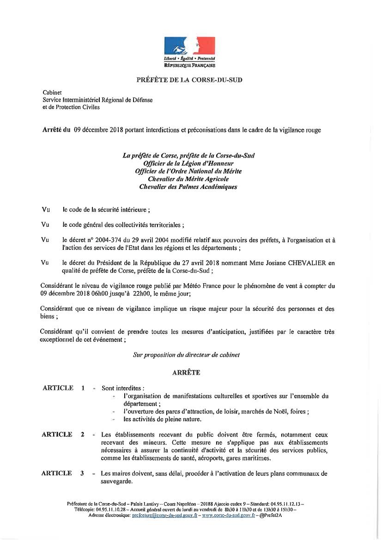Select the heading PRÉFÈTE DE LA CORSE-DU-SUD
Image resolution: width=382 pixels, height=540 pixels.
pyautogui.click(x=189, y=79)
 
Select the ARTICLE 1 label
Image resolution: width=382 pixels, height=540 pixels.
pyautogui.click(x=63, y=388)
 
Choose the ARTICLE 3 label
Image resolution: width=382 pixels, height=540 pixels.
pyautogui.click(x=63, y=473)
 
